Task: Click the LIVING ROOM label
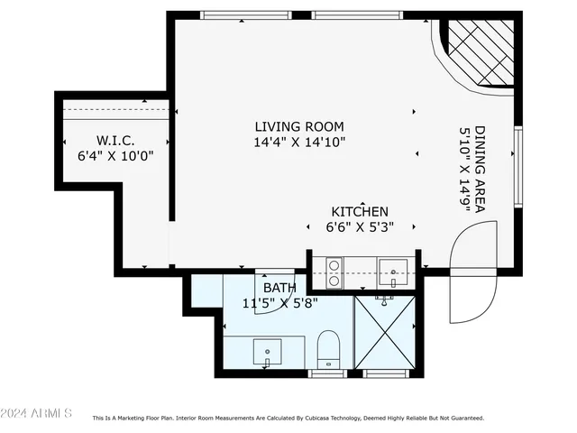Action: [298, 126]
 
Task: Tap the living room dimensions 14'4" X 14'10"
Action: [298, 143]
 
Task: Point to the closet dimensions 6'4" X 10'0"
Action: [115, 155]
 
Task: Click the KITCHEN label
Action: [359, 211]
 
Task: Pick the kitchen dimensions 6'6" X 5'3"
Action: [359, 227]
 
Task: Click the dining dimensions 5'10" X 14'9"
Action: [465, 168]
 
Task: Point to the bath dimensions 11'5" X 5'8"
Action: [279, 304]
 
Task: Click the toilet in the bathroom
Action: [328, 349]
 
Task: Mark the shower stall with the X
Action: [385, 331]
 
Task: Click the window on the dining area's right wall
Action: [517, 167]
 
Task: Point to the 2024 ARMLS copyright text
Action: [36, 413]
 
